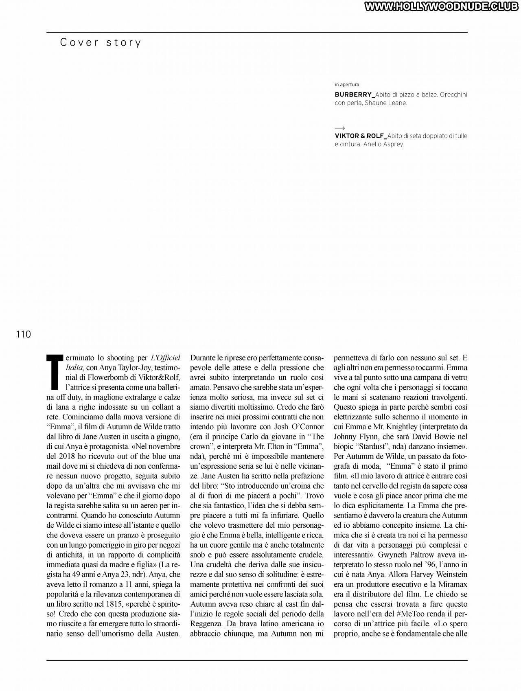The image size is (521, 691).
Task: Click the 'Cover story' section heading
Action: pos(101,43)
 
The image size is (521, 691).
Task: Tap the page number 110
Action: pos(24,334)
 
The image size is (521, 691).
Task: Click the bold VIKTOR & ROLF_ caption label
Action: pos(361,136)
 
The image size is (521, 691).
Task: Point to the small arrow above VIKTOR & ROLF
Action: pos(340,128)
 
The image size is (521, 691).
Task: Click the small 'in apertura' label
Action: pos(347,85)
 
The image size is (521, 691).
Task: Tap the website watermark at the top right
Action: pos(442,7)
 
